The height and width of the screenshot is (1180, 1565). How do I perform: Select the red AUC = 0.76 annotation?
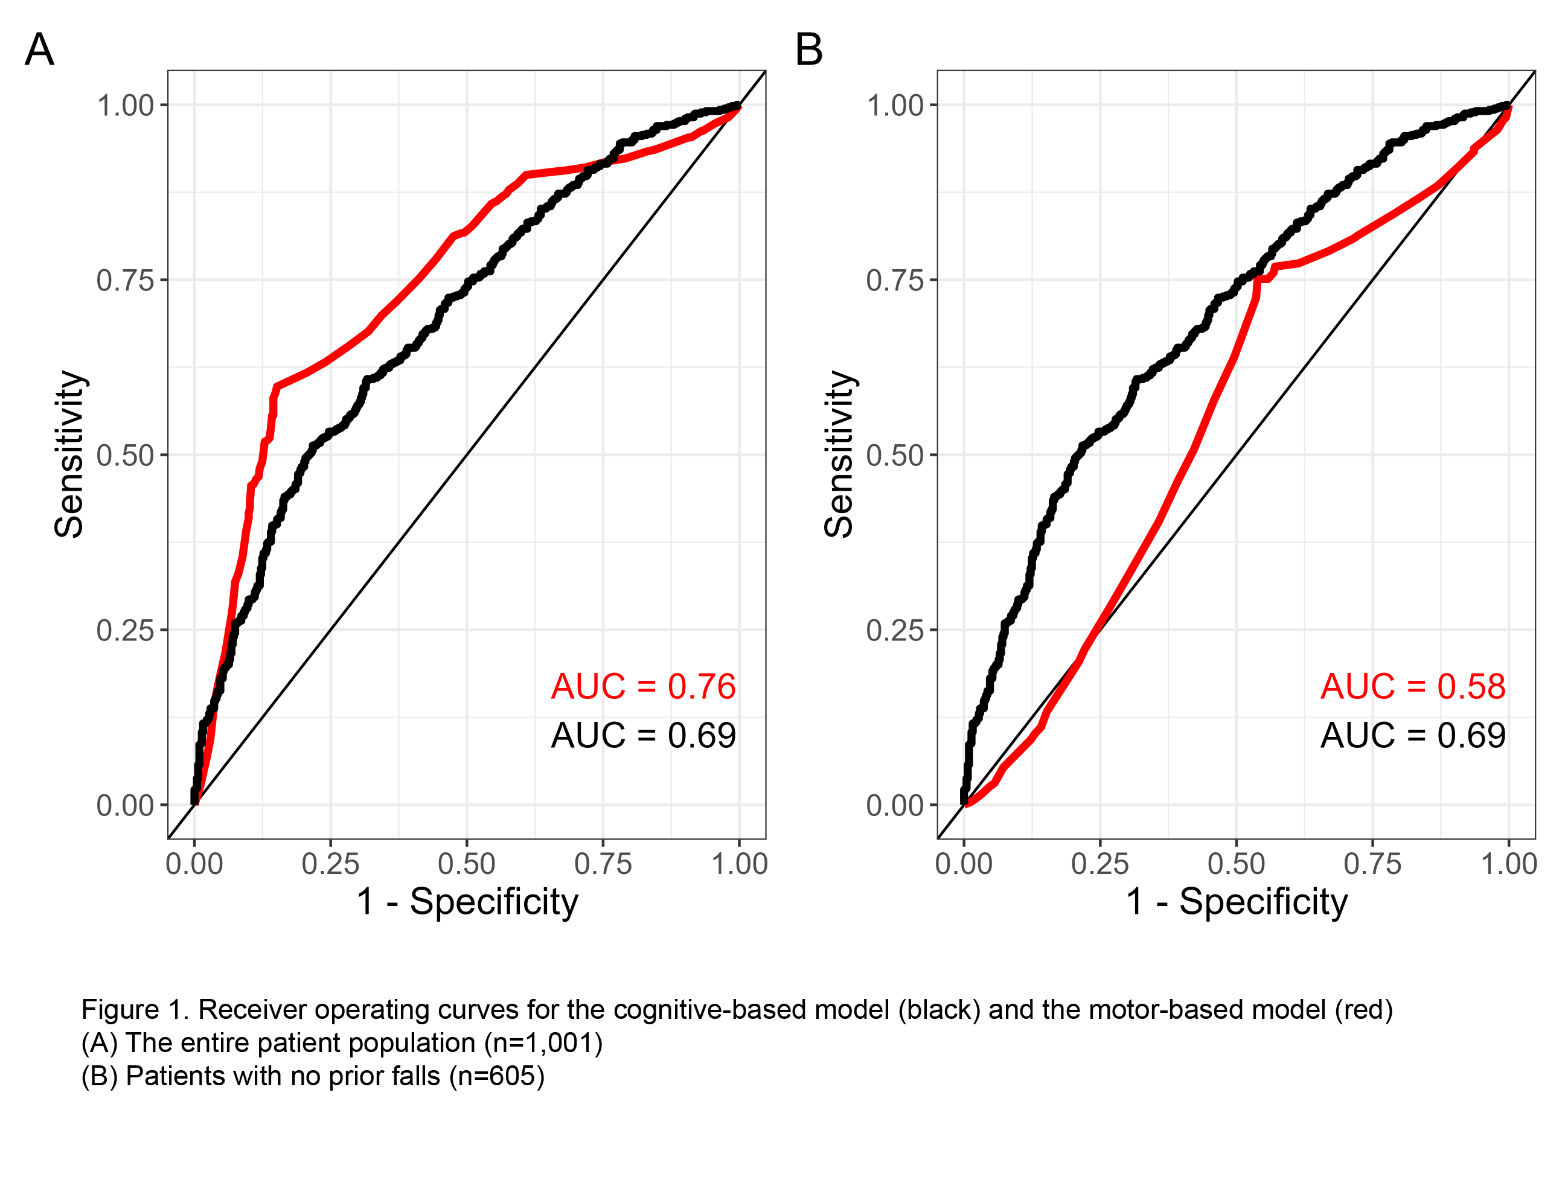coord(643,686)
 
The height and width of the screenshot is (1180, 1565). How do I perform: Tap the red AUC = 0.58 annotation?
coord(1413,686)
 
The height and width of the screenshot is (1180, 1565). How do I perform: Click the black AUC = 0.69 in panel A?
coord(643,736)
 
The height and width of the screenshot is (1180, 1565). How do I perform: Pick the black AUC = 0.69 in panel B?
coord(1413,736)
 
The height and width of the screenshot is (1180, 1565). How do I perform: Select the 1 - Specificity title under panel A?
coord(467,902)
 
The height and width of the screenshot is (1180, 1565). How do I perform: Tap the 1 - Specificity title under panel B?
coord(1237,902)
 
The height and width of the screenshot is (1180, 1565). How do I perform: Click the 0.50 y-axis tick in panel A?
coord(125,456)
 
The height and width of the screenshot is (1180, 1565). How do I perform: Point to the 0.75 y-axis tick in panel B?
coord(895,281)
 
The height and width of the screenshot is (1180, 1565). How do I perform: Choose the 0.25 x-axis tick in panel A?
coord(330,864)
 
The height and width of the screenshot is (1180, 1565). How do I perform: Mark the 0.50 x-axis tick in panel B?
coord(1236,864)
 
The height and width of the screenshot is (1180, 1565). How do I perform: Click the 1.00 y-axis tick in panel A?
coord(125,106)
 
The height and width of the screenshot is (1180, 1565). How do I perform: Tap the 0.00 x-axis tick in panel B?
coord(964,864)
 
